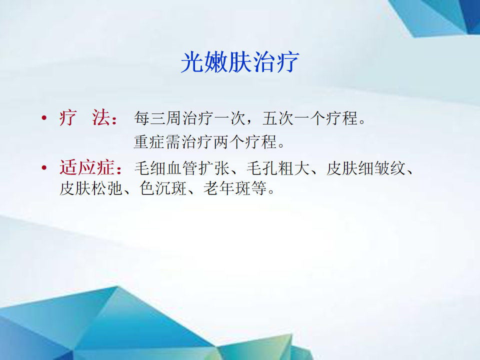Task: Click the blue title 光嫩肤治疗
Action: pyautogui.click(x=239, y=62)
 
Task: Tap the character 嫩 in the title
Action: pyautogui.click(x=216, y=62)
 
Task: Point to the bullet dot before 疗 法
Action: pyautogui.click(x=44, y=118)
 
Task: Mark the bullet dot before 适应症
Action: pyautogui.click(x=44, y=168)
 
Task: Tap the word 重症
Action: pyautogui.click(x=150, y=142)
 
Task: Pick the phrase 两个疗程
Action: pyautogui.click(x=245, y=142)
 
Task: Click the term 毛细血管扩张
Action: pyautogui.click(x=182, y=168)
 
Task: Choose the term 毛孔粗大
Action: pyautogui.click(x=278, y=168)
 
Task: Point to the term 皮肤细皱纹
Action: pyautogui.click(x=366, y=168)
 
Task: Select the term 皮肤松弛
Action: pyautogui.click(x=91, y=188)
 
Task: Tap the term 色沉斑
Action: pyautogui.click(x=163, y=188)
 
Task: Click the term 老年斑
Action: pyautogui.click(x=227, y=188)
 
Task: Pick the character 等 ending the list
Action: pyautogui.click(x=258, y=188)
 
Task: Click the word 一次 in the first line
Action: pyautogui.click(x=230, y=118)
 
